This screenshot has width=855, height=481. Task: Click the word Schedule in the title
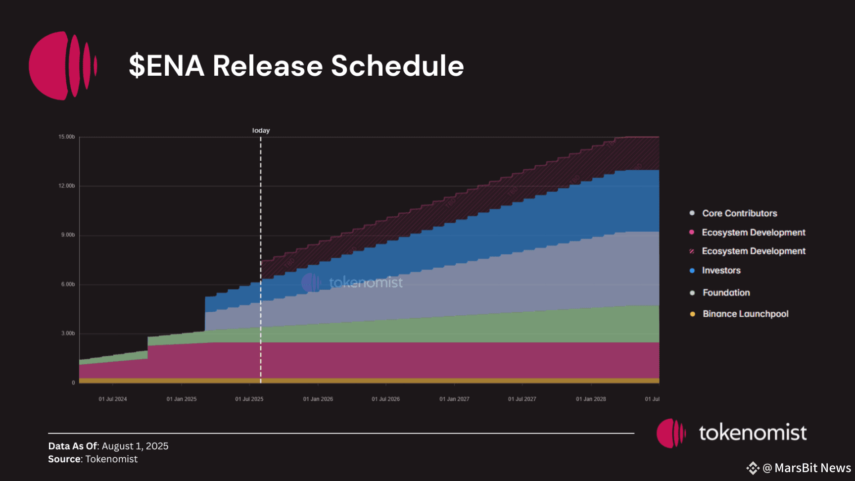tap(397, 66)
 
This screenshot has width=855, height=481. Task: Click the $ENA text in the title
tap(167, 66)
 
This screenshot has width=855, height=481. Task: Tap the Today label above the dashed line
tap(261, 131)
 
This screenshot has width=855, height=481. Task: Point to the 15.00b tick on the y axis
tap(67, 137)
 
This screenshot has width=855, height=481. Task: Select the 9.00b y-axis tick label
tap(68, 235)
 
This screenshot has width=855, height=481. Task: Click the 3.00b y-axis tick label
tap(68, 334)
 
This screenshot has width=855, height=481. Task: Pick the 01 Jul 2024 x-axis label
tap(113, 399)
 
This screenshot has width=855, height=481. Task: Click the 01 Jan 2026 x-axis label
tap(318, 399)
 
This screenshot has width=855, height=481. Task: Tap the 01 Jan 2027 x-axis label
tap(454, 399)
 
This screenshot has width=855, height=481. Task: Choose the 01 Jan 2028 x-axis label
tap(591, 399)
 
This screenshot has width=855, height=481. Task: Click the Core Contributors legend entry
tap(739, 213)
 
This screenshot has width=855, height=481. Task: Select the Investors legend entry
tap(721, 271)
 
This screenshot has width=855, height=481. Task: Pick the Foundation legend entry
tap(726, 293)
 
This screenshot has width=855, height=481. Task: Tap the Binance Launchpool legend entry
tap(745, 314)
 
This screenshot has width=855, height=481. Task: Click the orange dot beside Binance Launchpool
tap(692, 314)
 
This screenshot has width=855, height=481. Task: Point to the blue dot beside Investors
tap(692, 271)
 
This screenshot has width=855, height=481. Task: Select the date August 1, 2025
tap(135, 446)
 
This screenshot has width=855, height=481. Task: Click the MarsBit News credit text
tap(812, 468)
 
